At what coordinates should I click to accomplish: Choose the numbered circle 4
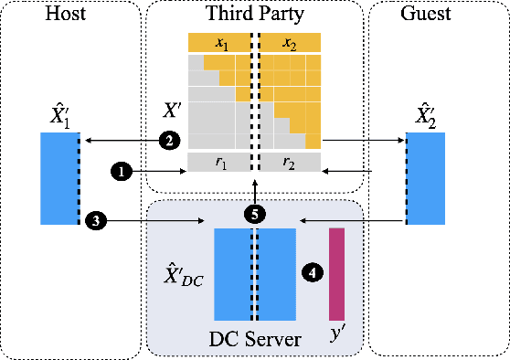pyautogui.click(x=313, y=272)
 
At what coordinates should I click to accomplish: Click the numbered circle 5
pyautogui.click(x=255, y=214)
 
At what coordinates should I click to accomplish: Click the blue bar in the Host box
pyautogui.click(x=58, y=178)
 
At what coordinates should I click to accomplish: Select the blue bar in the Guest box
pyautogui.click(x=425, y=178)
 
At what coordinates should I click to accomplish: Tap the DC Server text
pyautogui.click(x=254, y=339)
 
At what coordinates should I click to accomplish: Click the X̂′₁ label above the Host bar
pyautogui.click(x=59, y=115)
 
